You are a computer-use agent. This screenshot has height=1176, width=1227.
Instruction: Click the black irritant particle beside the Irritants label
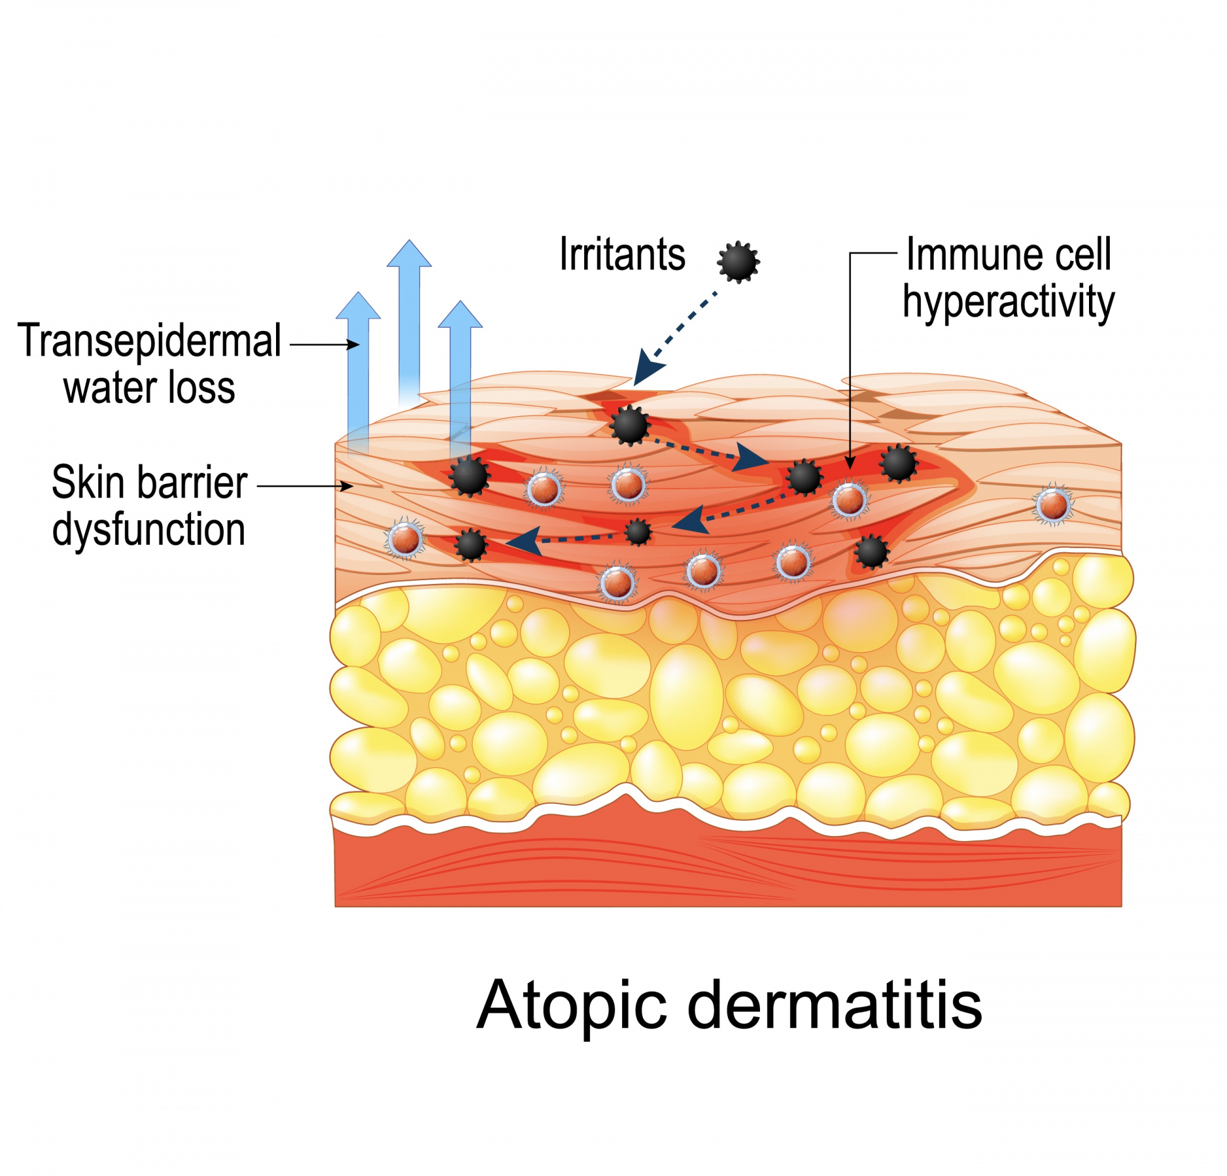(x=738, y=261)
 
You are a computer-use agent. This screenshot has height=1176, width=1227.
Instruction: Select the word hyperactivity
(x=1008, y=303)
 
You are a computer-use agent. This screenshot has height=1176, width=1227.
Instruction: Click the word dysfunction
(x=149, y=530)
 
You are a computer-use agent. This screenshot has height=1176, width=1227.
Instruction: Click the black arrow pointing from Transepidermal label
(x=324, y=344)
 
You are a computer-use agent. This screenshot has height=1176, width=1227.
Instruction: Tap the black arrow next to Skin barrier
(x=305, y=486)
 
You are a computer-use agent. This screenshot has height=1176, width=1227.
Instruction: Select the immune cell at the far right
(x=1053, y=505)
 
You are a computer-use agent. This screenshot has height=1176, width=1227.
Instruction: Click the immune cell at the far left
(x=405, y=539)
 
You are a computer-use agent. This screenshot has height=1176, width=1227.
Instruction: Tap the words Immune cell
(x=1008, y=255)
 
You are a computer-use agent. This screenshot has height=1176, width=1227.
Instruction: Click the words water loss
(x=149, y=388)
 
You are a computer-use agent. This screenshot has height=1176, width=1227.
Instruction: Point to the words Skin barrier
(x=149, y=482)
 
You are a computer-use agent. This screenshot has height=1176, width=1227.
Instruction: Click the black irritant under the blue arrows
(x=469, y=476)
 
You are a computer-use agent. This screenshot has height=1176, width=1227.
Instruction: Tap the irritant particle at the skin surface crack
(x=630, y=426)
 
